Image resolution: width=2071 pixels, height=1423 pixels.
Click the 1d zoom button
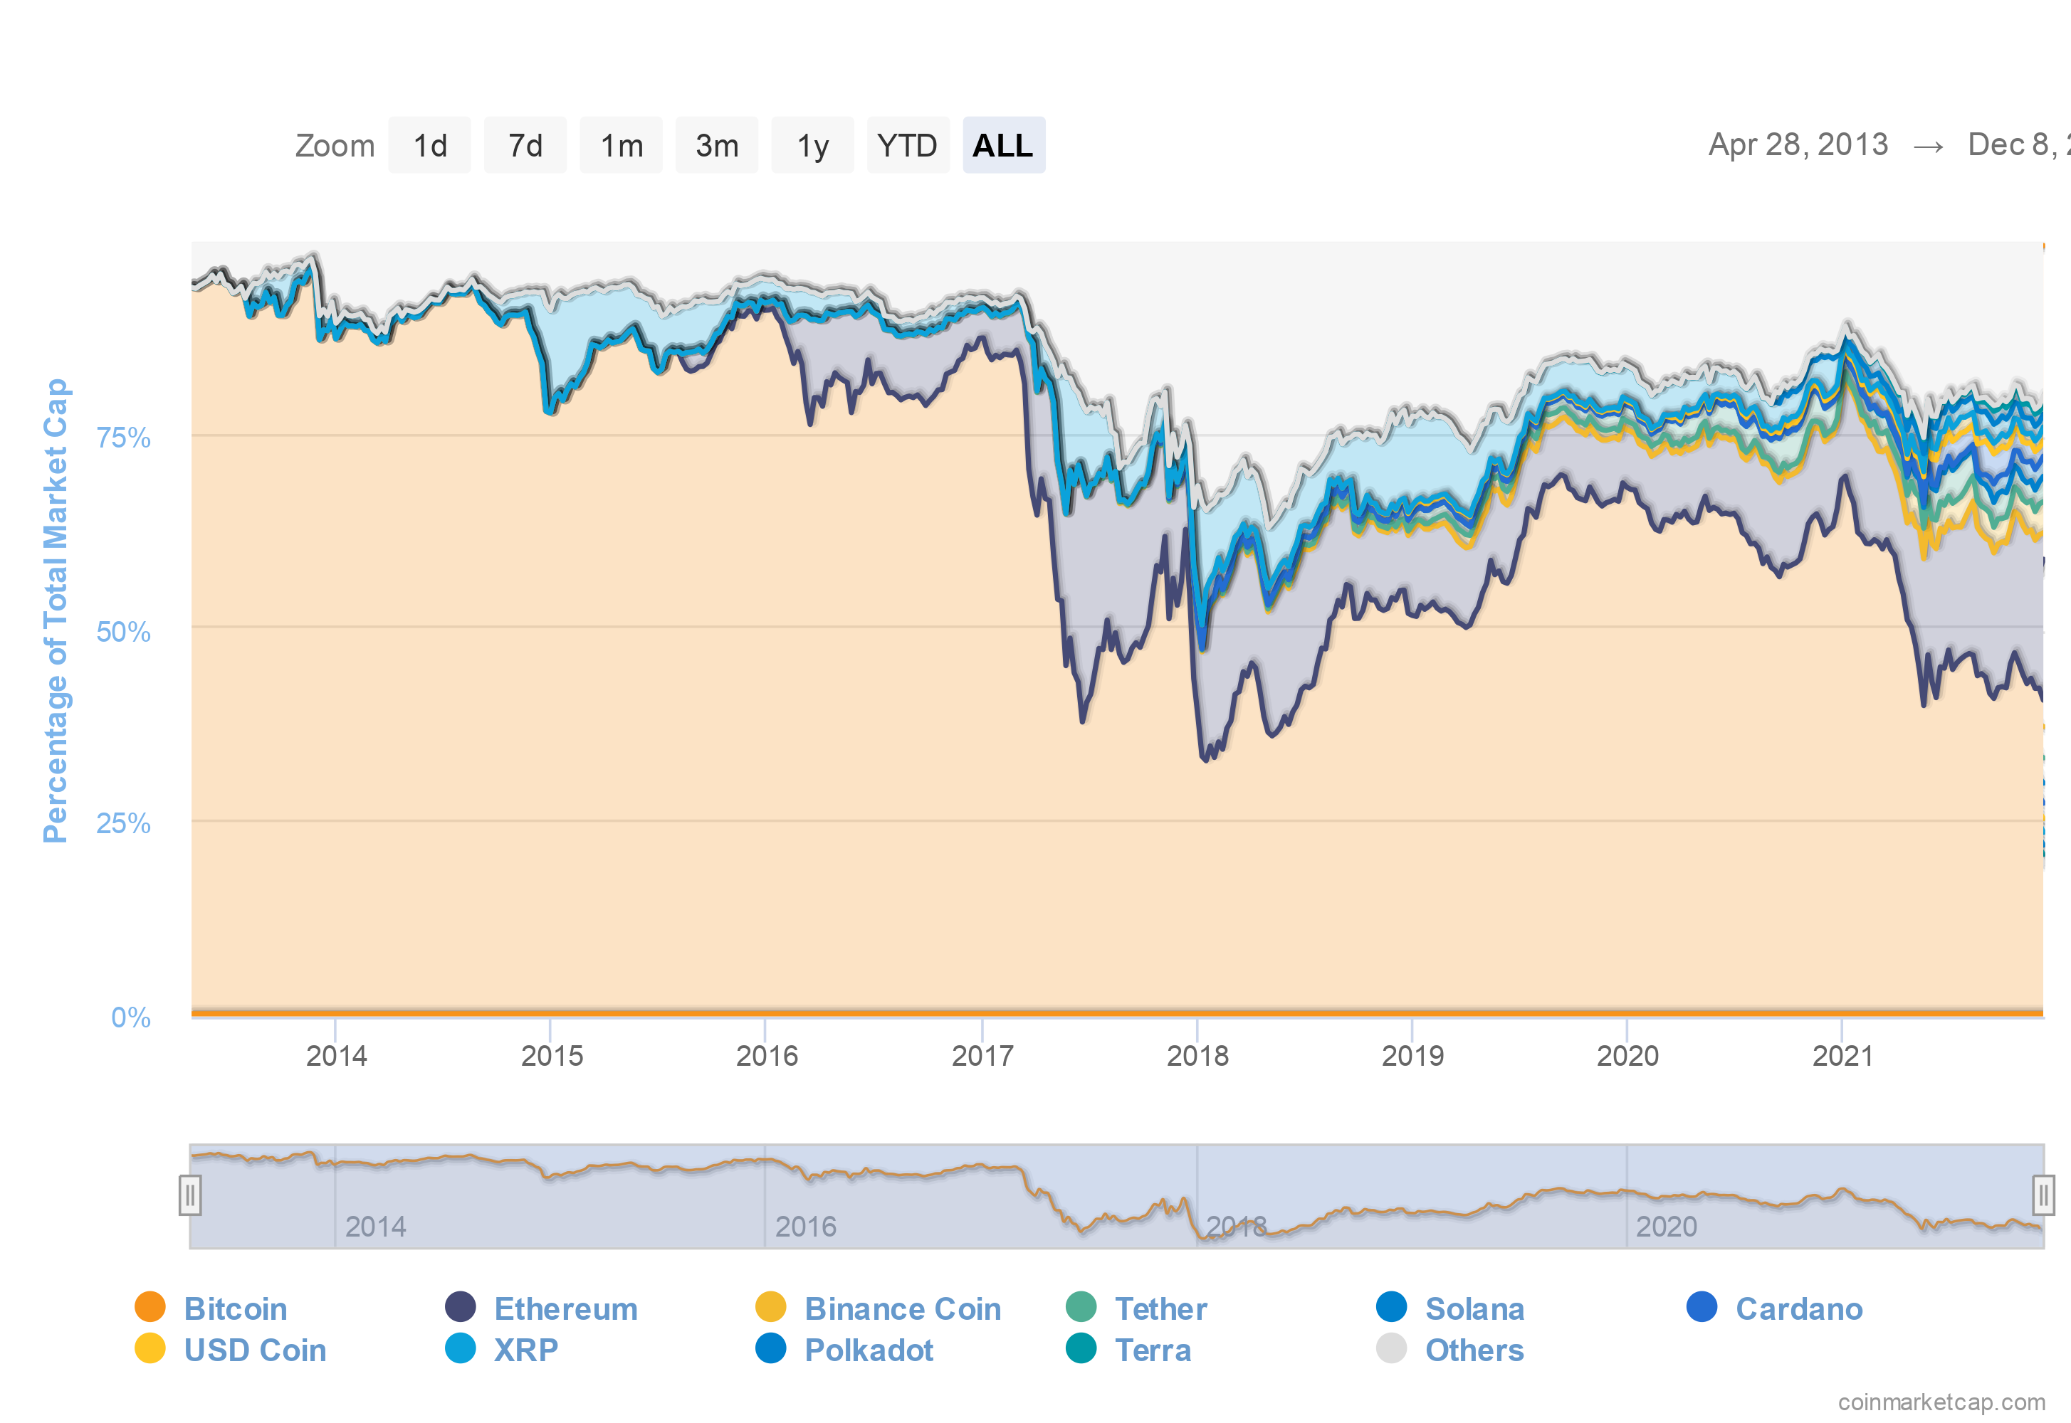[429, 145]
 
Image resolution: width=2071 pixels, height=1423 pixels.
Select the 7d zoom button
[525, 145]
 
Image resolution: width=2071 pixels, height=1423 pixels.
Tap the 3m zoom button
[716, 145]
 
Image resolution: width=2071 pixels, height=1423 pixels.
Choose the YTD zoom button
[907, 145]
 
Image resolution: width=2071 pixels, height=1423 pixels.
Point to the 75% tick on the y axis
[123, 437]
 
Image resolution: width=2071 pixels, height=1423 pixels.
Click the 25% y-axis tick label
[123, 823]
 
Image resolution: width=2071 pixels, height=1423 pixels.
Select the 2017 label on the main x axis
[982, 1056]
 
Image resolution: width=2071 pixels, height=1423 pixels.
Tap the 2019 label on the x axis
[1412, 1056]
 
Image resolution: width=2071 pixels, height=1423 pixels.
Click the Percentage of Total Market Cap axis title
[56, 610]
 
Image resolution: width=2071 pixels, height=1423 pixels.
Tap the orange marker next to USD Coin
[150, 1348]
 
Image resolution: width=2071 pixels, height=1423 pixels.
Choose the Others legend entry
[1474, 1349]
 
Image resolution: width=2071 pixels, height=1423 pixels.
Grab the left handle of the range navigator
[189, 1195]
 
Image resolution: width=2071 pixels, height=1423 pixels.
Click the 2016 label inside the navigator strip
[805, 1227]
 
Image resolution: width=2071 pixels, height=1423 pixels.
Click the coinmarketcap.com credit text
[1941, 1402]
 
